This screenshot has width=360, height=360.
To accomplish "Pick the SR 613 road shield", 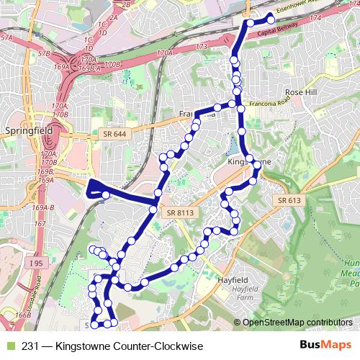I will (x=287, y=199).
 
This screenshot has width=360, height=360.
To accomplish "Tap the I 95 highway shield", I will (x=37, y=264).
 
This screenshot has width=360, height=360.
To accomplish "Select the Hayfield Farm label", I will (x=246, y=293).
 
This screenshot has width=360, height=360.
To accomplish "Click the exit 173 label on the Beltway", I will (x=201, y=47).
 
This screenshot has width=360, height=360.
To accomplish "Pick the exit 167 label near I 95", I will (x=41, y=225).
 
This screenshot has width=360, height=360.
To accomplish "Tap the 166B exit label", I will (x=21, y=315).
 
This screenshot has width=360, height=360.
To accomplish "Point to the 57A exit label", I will (x=6, y=36).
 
